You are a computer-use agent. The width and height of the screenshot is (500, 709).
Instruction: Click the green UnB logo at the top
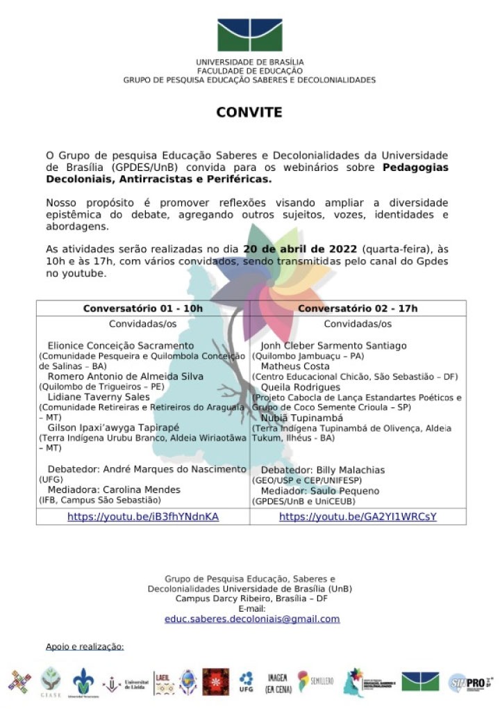(249, 35)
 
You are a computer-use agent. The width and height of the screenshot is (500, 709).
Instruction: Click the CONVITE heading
(249, 112)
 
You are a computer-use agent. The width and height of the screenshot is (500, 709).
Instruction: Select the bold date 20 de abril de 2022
(299, 250)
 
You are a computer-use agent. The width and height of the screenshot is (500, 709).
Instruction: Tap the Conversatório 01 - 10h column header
(143, 309)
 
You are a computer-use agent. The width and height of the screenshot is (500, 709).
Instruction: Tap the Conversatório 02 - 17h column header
(358, 309)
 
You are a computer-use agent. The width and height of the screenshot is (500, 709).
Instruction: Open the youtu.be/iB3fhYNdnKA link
(143, 516)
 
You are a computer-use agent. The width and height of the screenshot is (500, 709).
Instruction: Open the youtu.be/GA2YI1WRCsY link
(358, 516)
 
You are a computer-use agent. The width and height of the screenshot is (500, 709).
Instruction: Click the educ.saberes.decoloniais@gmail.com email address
(252, 619)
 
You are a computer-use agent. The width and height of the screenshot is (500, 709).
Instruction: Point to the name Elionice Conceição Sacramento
(121, 345)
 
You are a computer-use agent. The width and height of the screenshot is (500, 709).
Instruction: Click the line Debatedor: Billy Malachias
(322, 470)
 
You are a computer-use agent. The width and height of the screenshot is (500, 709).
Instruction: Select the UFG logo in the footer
(246, 681)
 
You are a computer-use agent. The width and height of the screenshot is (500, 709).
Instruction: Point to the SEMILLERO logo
(312, 681)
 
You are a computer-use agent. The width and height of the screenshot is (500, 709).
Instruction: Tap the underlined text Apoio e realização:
(85, 646)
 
